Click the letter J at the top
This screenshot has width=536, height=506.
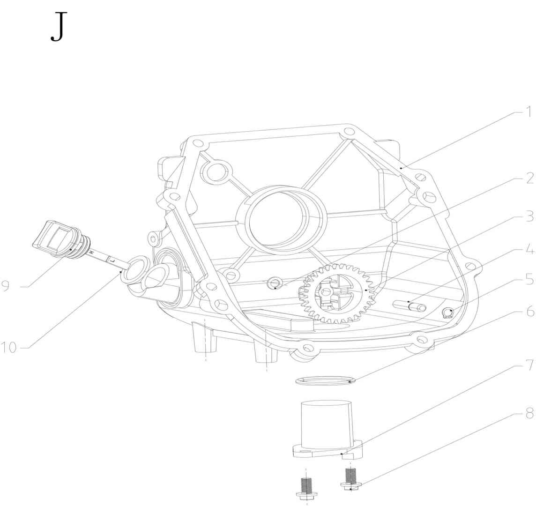click(x=59, y=27)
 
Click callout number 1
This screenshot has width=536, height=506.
click(x=529, y=112)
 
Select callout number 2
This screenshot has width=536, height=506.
click(x=529, y=178)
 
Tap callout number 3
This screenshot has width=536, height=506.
click(x=529, y=216)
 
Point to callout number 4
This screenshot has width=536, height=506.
click(x=529, y=250)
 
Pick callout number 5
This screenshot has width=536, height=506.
click(x=529, y=279)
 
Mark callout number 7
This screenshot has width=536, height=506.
click(x=529, y=365)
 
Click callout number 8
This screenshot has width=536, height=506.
click(x=529, y=414)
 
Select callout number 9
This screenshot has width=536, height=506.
click(x=6, y=286)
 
